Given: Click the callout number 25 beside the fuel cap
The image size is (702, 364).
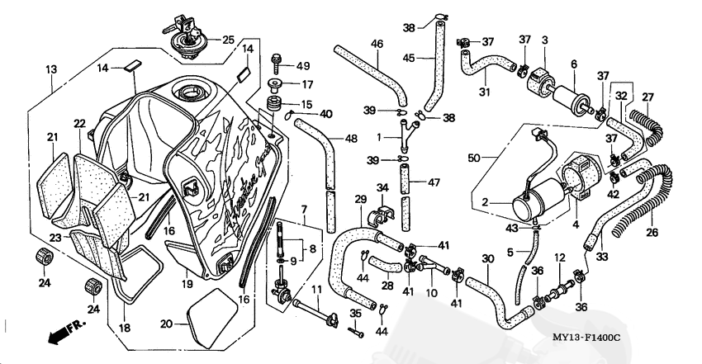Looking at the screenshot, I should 228,39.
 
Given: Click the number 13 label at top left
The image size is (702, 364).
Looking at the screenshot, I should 51,69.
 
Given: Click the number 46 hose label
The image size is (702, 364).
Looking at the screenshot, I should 377,44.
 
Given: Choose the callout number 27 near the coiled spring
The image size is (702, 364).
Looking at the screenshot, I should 647,97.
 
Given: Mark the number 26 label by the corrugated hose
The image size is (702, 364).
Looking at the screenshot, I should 652,232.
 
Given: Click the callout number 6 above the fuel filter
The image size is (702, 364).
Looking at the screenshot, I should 573,64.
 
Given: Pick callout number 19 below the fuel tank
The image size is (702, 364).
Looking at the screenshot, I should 187,283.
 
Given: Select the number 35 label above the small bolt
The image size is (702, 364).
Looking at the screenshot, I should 356,314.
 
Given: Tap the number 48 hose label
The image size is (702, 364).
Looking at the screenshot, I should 352,139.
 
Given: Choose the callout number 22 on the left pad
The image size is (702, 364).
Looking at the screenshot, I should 79,124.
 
